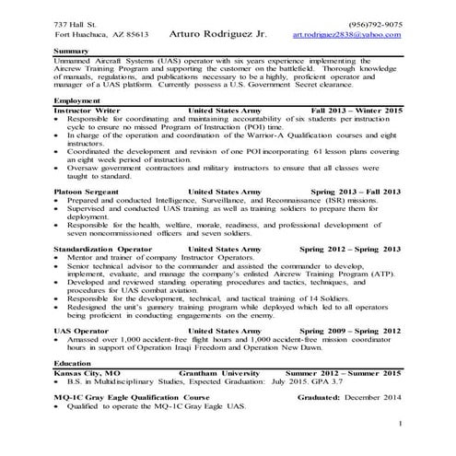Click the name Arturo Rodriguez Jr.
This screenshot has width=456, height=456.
218,33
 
